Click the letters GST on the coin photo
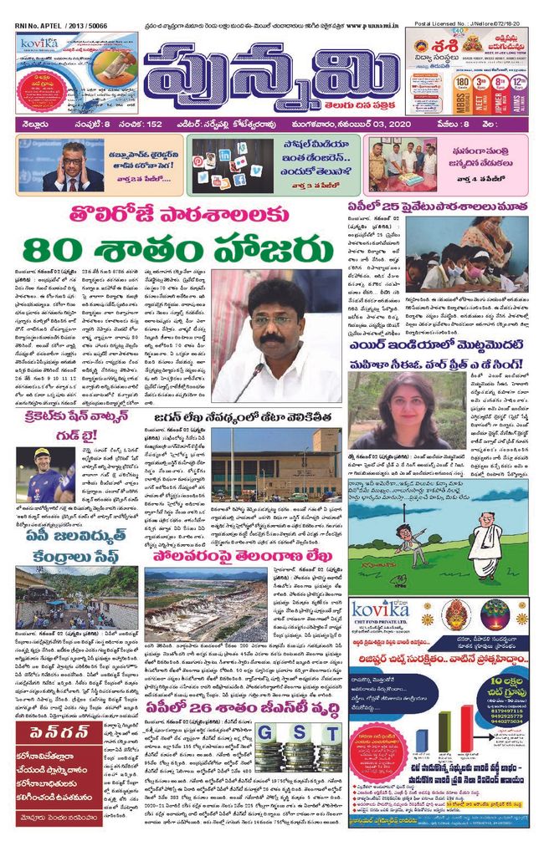point(284,736)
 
